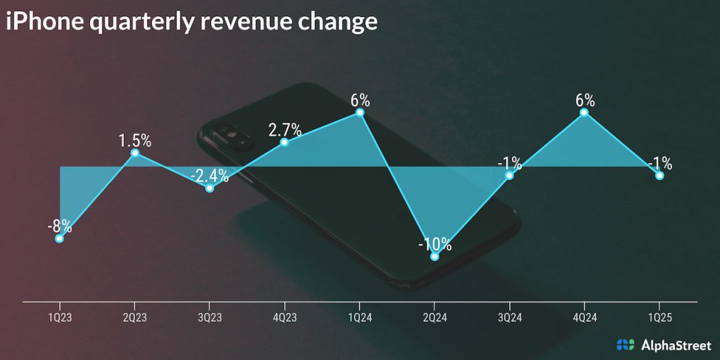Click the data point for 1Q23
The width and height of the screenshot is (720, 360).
(60, 238)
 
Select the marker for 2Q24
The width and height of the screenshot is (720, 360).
(435, 256)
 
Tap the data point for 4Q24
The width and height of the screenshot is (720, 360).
(584, 112)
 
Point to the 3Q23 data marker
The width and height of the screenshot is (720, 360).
(210, 188)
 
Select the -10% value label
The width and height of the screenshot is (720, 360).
(434, 244)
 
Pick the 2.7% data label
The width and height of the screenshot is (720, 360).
(285, 129)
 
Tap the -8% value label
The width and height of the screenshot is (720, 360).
(59, 226)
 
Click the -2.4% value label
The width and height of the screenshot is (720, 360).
(210, 175)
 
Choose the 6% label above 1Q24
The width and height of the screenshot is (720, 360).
(360, 99)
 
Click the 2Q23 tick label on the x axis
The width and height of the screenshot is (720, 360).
(135, 318)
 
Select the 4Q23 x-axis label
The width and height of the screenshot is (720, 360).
(285, 318)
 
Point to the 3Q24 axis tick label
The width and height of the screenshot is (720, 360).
(509, 318)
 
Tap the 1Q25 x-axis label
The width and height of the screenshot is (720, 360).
(660, 318)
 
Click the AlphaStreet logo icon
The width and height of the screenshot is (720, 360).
(625, 344)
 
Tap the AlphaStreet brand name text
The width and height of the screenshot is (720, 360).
(674, 344)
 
